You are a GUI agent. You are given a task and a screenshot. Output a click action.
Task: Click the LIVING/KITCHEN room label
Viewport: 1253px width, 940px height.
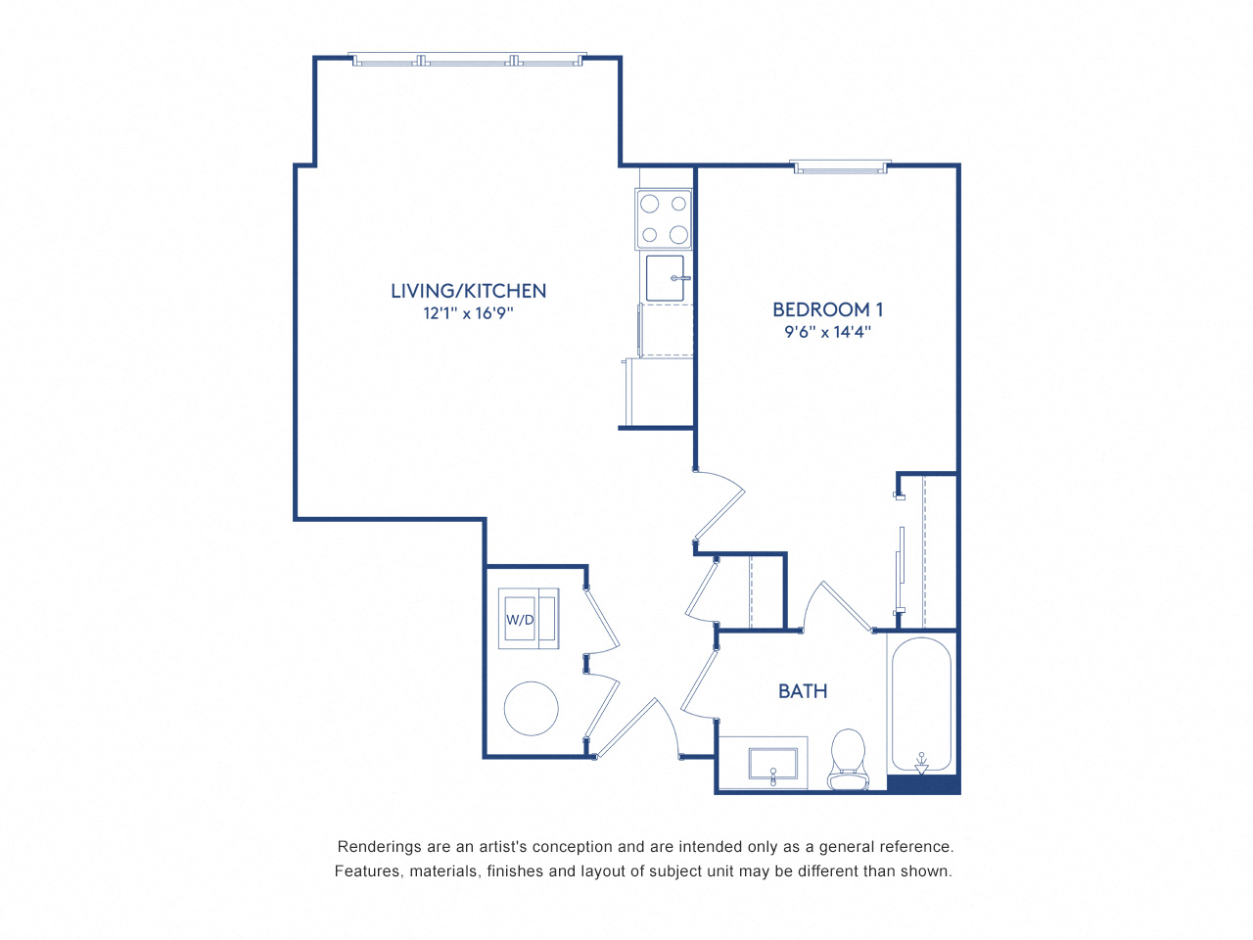pyautogui.click(x=468, y=291)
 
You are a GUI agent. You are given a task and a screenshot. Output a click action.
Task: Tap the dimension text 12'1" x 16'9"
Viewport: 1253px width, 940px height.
pyautogui.click(x=468, y=313)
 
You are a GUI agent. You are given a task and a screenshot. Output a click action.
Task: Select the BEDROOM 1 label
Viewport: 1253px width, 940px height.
pyautogui.click(x=827, y=309)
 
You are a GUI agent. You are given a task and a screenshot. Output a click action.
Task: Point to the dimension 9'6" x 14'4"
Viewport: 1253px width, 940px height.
pyautogui.click(x=827, y=332)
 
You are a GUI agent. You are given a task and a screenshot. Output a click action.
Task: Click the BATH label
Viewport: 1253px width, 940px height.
pyautogui.click(x=803, y=691)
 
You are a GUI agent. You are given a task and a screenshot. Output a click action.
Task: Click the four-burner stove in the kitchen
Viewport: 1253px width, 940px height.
pyautogui.click(x=664, y=219)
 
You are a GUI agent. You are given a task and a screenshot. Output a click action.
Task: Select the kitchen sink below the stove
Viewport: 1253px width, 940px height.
pyautogui.click(x=666, y=278)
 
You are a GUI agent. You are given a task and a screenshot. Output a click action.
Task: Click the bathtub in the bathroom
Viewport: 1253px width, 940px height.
pyautogui.click(x=920, y=705)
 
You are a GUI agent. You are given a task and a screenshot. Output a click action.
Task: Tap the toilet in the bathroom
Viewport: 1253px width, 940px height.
pyautogui.click(x=848, y=759)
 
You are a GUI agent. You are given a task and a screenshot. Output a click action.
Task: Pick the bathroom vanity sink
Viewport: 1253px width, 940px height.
pyautogui.click(x=772, y=763)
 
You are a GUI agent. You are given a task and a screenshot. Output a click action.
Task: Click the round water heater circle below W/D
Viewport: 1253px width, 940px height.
pyautogui.click(x=531, y=708)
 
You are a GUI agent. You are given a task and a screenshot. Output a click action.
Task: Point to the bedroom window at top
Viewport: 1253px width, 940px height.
pyautogui.click(x=841, y=167)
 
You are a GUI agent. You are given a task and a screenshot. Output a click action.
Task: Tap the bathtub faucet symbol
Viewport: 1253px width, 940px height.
pyautogui.click(x=921, y=762)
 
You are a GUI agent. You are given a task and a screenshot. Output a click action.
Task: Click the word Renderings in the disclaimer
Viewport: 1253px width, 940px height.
pyautogui.click(x=378, y=847)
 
